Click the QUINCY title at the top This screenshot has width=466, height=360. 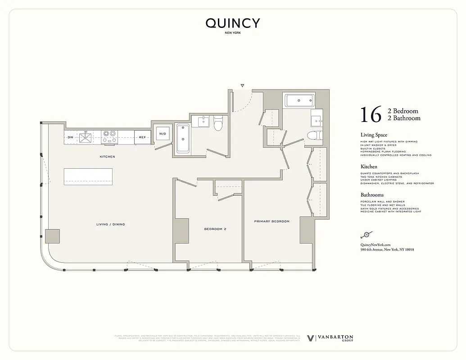coord(233,23)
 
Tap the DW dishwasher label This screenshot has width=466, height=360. coord(71,137)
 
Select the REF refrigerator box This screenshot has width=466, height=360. coord(142,137)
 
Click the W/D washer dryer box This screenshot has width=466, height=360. coord(163,134)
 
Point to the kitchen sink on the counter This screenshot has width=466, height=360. coord(85,137)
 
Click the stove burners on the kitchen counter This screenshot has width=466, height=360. coord(109,136)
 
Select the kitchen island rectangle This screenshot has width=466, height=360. coord(88,176)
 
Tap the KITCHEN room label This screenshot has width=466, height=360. coord(108,157)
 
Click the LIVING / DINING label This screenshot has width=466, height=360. coord(110,224)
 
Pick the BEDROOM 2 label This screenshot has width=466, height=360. coord(215,229)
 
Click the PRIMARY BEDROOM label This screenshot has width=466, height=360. coord(271,221)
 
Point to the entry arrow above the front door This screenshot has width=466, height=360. coord(242,85)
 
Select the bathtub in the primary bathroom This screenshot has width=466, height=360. coord(299,100)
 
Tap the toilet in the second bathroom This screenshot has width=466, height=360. coord(218,123)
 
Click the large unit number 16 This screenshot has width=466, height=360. coord(371,115)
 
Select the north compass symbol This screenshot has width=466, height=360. coord(366,234)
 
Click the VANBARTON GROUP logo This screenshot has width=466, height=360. coord(330,338)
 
